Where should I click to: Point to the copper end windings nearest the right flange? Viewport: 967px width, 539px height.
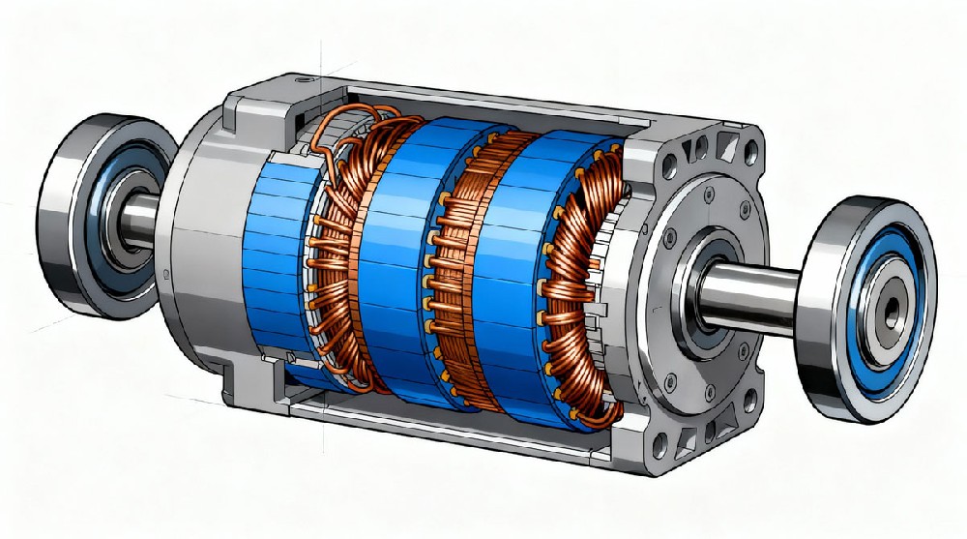[580, 281]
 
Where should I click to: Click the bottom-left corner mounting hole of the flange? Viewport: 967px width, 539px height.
[660, 451]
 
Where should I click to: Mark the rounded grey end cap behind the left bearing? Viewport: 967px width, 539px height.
[198, 242]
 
